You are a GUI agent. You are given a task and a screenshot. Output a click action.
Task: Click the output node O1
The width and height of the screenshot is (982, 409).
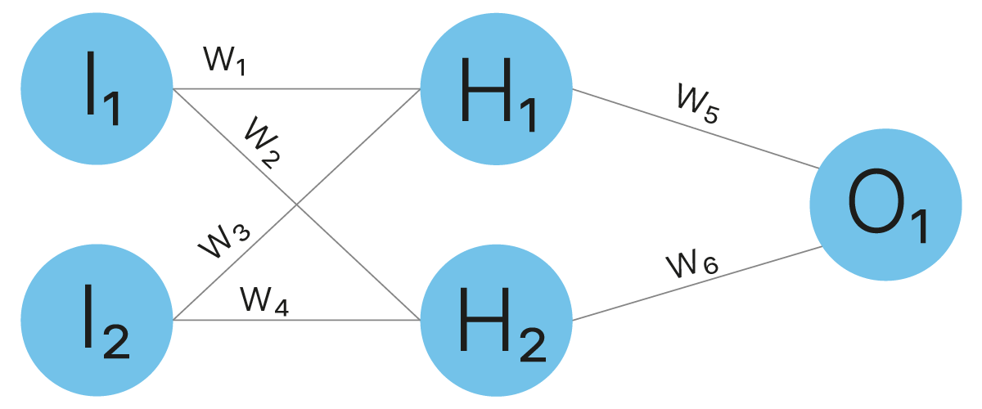[x=885, y=204]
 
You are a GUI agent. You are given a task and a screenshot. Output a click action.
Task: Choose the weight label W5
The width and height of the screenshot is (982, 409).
[x=698, y=102]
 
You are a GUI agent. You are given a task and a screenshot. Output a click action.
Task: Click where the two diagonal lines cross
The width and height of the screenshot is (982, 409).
[x=297, y=204]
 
